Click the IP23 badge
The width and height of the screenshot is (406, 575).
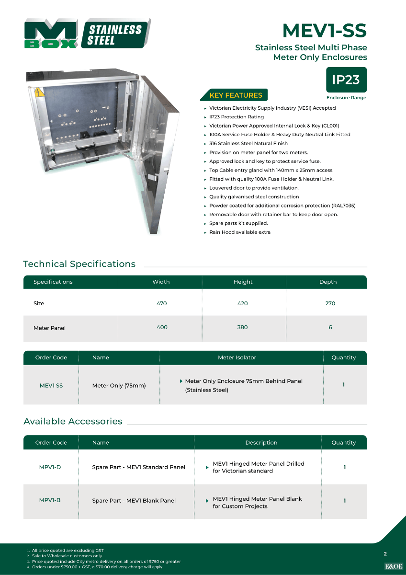point(346,80)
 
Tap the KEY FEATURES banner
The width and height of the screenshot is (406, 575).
point(236,95)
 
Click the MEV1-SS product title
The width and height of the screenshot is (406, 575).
point(324,31)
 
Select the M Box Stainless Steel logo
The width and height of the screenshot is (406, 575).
point(87,34)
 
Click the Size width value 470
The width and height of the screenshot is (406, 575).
point(161,303)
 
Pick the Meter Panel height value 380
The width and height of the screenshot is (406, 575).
point(243,327)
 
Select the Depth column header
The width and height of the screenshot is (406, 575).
point(328,282)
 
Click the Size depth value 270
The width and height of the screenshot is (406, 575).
point(330,303)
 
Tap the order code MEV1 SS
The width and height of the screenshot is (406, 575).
point(51,385)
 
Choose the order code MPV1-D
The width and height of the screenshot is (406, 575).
point(50,467)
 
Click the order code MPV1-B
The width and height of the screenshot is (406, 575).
point(50,500)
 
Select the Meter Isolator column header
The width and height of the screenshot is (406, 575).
point(237,357)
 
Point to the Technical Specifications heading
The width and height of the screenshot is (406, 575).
point(79,264)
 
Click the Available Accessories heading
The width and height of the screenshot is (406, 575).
point(73,421)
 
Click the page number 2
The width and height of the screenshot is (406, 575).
point(385,554)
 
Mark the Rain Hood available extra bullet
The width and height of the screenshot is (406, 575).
point(239,232)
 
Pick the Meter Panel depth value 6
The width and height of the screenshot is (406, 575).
point(330,327)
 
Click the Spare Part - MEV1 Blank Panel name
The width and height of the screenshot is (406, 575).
point(134,501)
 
